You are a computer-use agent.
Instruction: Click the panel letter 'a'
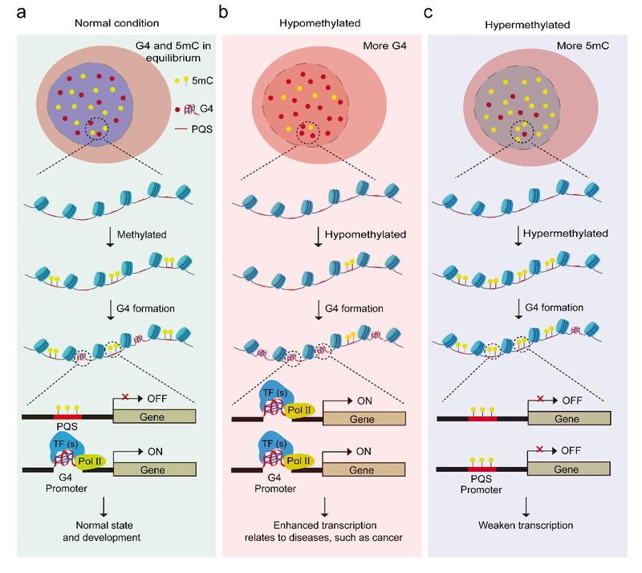(x=21, y=12)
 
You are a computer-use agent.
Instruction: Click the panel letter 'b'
(x=223, y=11)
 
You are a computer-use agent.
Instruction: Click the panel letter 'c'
(x=428, y=13)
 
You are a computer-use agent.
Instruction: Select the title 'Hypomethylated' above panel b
(x=319, y=23)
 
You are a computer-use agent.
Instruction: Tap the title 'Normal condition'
(x=116, y=23)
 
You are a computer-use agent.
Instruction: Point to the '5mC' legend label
(x=202, y=81)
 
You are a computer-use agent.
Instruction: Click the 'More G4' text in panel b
(x=384, y=46)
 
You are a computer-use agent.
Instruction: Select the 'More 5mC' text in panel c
(x=583, y=46)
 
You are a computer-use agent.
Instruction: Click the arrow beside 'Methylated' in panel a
(x=110, y=238)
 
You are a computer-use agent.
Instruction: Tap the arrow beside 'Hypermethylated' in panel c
(x=518, y=236)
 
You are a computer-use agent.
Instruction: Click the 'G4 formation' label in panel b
(x=354, y=308)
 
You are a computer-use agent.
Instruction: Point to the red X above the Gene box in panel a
(x=125, y=396)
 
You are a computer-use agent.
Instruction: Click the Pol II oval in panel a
(x=91, y=461)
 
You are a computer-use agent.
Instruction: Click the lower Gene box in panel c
(x=568, y=469)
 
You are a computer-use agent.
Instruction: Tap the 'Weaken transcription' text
(x=526, y=525)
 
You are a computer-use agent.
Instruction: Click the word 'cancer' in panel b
(x=388, y=538)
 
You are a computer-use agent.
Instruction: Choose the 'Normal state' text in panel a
(x=104, y=525)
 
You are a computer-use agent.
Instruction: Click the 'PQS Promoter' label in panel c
(x=481, y=484)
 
